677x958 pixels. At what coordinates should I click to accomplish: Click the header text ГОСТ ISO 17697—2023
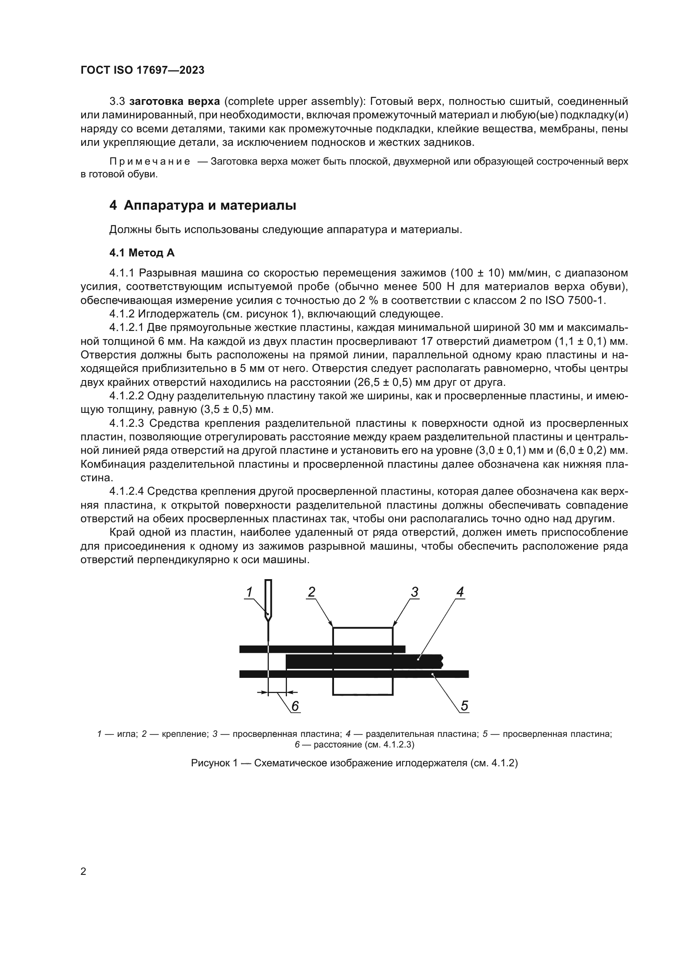click(142, 70)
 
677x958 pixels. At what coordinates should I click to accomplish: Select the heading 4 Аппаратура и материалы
click(203, 206)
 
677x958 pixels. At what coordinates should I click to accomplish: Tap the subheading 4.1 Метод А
click(142, 253)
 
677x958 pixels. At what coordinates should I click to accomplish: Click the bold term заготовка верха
click(175, 102)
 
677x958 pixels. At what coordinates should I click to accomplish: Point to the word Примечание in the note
click(150, 161)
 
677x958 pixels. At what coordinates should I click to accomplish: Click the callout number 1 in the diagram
click(249, 592)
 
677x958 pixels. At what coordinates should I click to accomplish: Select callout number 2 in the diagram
click(311, 592)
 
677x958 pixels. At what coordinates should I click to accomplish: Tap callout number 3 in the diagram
click(414, 592)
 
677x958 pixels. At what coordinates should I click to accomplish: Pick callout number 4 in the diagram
click(460, 592)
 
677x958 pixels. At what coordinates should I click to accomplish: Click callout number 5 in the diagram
click(465, 706)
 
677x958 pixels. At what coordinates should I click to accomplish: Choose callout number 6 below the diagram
click(295, 706)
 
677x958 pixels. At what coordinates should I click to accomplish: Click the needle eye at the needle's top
click(269, 601)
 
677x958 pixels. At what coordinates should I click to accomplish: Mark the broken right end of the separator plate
click(442, 661)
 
